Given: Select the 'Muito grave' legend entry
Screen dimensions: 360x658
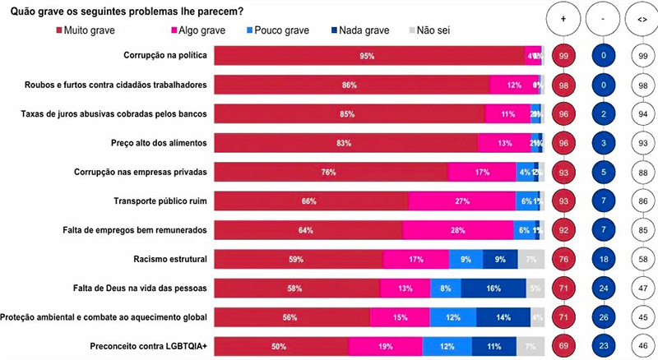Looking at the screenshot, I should [86, 31].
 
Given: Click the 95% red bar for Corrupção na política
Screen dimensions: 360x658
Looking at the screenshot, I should [368, 56].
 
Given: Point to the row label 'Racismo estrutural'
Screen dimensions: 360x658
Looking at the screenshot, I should [170, 259].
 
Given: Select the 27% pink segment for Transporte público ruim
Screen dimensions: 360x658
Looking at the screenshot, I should [461, 201].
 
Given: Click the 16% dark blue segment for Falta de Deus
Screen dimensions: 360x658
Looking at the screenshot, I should [493, 288].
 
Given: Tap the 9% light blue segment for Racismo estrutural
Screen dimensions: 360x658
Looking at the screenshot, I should [466, 259].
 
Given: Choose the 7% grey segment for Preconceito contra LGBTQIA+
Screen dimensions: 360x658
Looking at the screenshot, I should [531, 346].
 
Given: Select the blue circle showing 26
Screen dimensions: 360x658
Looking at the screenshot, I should [603, 317].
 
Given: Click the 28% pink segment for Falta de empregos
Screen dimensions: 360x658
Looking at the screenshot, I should [459, 230].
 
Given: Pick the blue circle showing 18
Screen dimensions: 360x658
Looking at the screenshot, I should [603, 259].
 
